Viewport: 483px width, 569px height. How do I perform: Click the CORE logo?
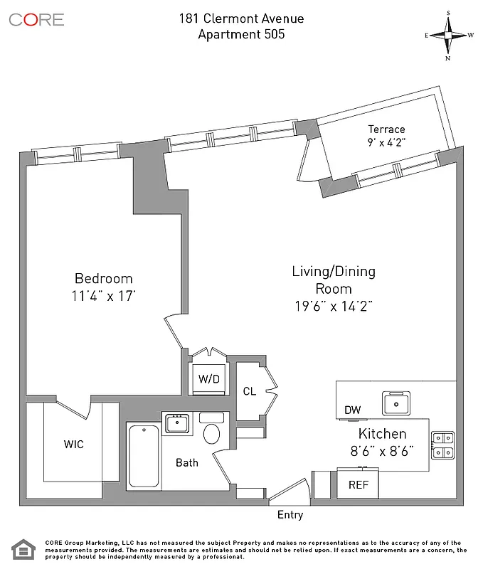36,19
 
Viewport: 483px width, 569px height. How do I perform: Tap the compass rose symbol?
449,35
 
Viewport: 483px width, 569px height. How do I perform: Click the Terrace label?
386,129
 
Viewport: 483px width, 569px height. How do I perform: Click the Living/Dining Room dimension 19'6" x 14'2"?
334,305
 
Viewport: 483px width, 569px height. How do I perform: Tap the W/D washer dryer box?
208,379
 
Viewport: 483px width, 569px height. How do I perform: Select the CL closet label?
249,390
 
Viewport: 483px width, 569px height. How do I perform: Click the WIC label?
73,445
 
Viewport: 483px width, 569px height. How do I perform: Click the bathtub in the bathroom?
144,456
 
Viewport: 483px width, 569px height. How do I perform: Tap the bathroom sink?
176,423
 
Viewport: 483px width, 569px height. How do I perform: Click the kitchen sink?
396,403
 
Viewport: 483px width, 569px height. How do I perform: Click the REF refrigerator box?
357,484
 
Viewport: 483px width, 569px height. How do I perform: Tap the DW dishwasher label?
352,410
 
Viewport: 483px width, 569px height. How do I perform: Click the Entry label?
290,515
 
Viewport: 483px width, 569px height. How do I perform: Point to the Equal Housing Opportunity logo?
23,551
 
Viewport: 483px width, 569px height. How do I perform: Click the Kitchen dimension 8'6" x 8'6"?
382,450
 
